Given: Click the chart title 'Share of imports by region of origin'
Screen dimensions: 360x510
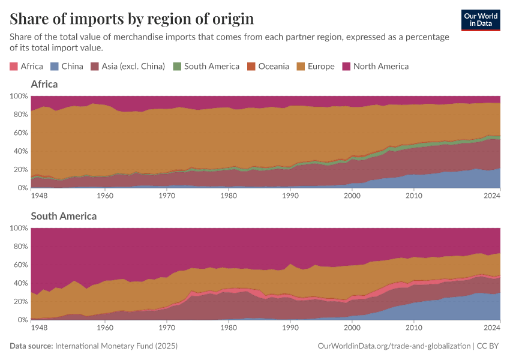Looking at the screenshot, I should (x=131, y=19).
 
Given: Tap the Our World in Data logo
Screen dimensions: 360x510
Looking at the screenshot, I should (x=481, y=20).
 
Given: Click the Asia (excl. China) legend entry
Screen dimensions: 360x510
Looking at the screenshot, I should (x=127, y=66).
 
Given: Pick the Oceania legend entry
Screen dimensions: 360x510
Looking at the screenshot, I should (x=268, y=66).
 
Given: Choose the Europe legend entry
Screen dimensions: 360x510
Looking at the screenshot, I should (x=316, y=66).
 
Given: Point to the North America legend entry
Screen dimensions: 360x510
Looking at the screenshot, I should (x=375, y=66).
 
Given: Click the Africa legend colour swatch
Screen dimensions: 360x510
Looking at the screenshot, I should (x=14, y=66).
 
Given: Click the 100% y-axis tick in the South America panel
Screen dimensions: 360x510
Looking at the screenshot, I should (x=18, y=228).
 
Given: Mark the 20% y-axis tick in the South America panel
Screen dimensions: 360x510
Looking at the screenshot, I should (x=20, y=302).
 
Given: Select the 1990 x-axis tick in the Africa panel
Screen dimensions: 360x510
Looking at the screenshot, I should (x=290, y=195).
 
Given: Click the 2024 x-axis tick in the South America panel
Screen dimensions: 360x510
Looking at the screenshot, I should (x=491, y=328).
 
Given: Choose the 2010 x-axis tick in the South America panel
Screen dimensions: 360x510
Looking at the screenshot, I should (x=413, y=328).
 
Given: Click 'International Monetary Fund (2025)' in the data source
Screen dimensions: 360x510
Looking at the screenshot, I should (x=116, y=346).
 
